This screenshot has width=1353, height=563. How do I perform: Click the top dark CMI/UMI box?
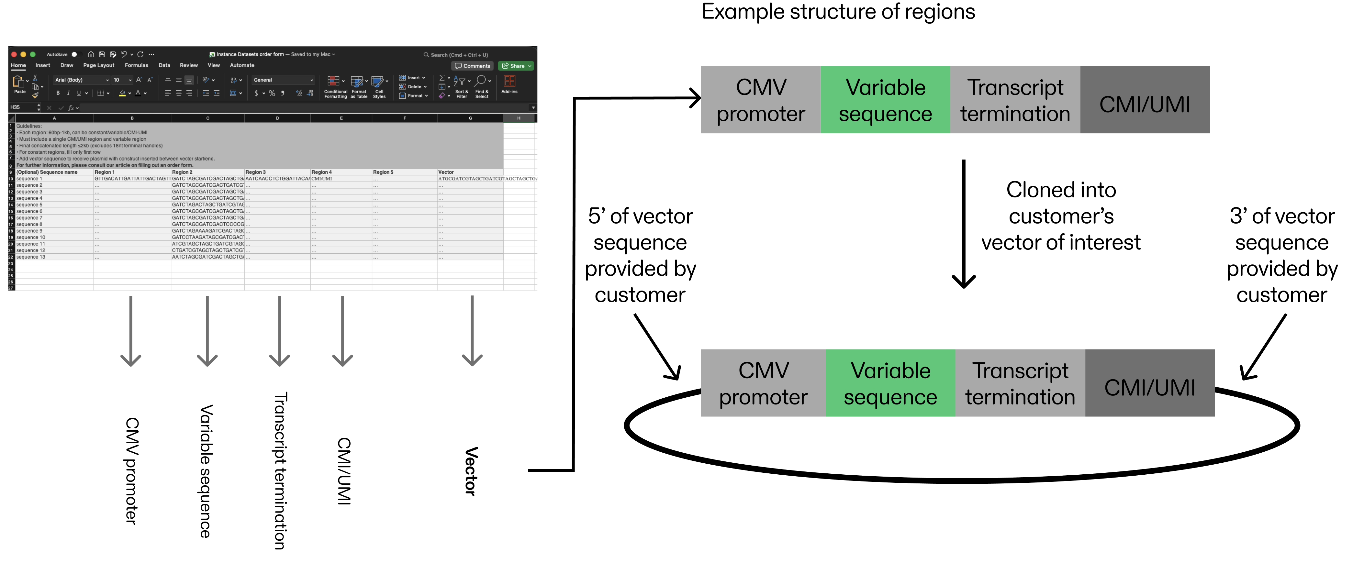coord(1145,100)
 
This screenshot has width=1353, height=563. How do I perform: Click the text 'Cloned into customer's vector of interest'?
coord(1060,216)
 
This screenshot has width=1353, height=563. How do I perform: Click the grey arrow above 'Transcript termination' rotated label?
coord(279,331)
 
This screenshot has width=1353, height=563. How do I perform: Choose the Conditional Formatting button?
coord(335,87)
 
